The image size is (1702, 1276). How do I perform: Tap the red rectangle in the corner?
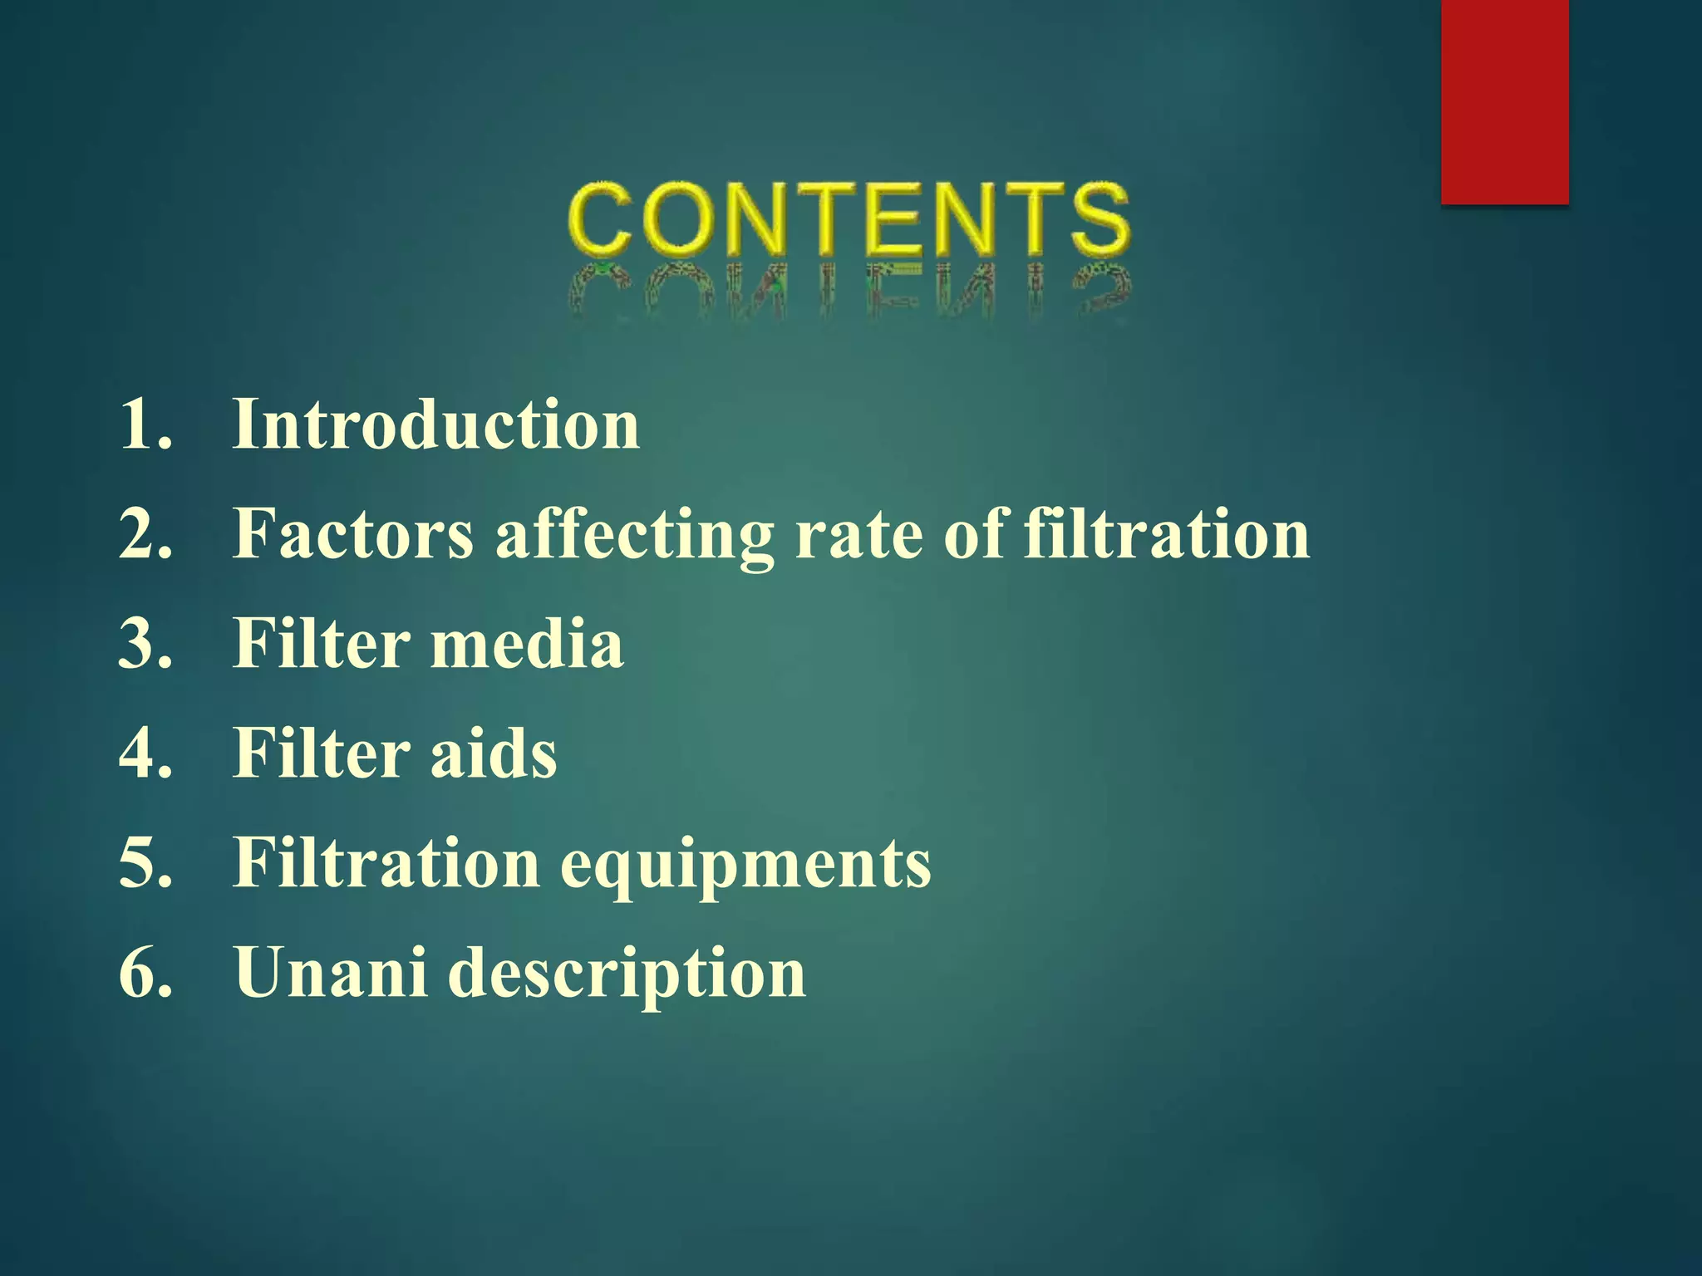click(1504, 101)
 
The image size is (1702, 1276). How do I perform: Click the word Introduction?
click(436, 425)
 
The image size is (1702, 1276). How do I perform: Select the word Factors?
click(353, 533)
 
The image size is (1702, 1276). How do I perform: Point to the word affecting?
click(635, 535)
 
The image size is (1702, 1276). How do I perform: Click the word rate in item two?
click(858, 533)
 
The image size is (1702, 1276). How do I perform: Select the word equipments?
click(745, 864)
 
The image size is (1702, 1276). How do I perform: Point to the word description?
click(627, 974)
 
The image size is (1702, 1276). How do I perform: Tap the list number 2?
click(145, 533)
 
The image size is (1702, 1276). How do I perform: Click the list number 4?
click(145, 753)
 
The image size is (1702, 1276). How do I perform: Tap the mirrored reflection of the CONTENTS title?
click(849, 291)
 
